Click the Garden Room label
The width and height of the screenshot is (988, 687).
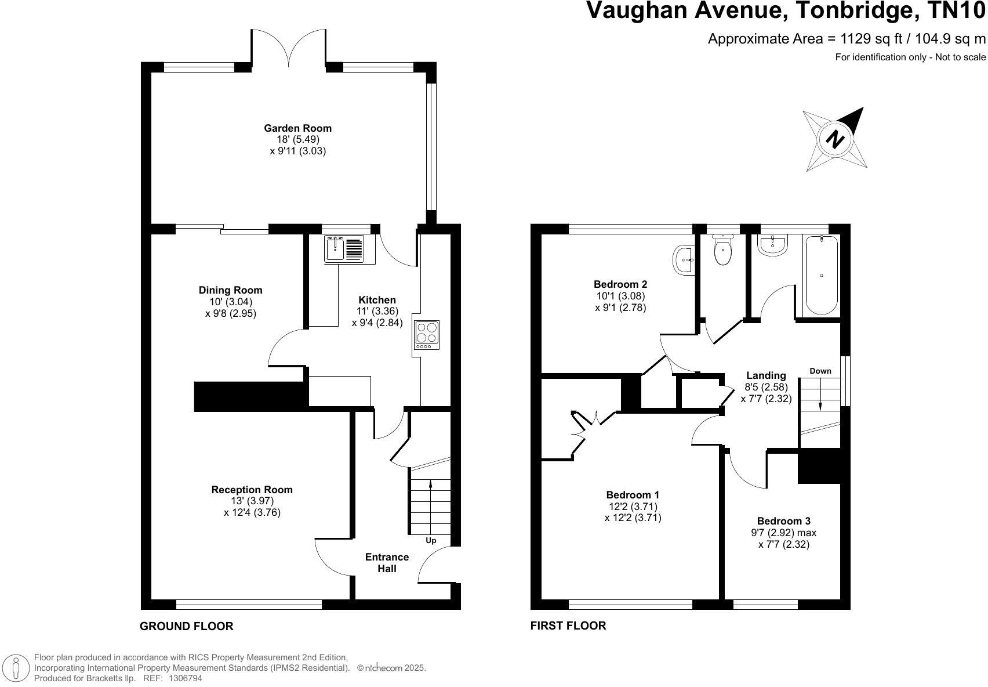297,128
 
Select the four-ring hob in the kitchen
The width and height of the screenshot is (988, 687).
427,335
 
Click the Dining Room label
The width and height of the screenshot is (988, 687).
230,290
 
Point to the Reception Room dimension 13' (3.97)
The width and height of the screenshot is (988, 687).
252,501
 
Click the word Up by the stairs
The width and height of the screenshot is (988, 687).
431,540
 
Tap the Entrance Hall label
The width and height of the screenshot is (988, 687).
387,562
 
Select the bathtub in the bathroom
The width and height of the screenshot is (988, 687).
822,275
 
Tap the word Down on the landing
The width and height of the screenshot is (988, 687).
820,371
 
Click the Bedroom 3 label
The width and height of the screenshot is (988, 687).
784,521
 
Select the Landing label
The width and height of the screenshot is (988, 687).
766,375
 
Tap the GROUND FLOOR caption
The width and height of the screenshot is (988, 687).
187,626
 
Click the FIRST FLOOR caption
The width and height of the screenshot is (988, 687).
568,625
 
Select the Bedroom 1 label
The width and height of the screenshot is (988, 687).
633,494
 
